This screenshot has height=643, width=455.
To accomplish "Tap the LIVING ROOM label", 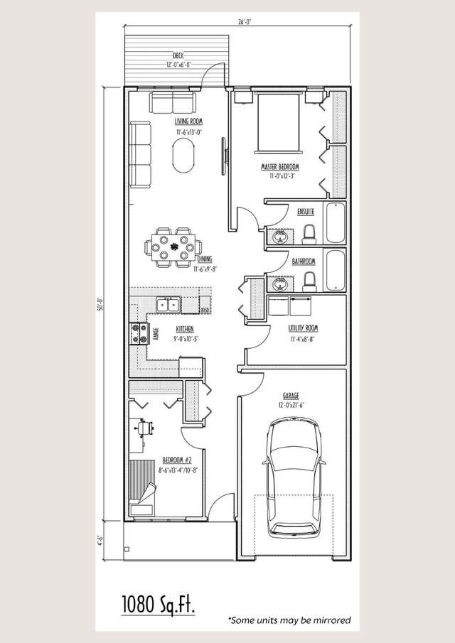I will click(x=188, y=122).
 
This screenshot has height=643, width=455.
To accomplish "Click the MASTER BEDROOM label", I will click(x=279, y=167).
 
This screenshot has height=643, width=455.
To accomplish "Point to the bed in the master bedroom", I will click(x=279, y=120).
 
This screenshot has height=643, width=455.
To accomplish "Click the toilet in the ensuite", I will click(x=309, y=234).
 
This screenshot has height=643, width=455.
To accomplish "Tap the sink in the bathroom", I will click(x=280, y=283).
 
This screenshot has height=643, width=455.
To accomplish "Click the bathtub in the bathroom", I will click(x=334, y=270).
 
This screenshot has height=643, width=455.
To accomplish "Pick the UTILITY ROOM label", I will click(x=303, y=328).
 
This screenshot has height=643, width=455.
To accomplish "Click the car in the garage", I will click(x=293, y=476).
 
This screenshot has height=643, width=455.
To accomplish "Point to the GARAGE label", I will click(x=290, y=396).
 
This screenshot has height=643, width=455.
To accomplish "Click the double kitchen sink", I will click(x=168, y=306).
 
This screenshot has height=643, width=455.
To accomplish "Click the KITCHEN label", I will click(x=185, y=330).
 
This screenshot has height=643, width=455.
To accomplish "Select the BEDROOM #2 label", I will click(x=171, y=460).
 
